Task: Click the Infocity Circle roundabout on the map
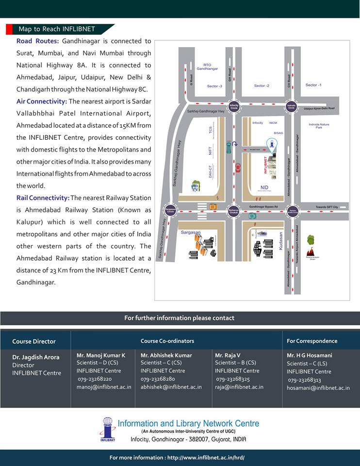click(x=234, y=106)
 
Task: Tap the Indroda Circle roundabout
click(x=291, y=106)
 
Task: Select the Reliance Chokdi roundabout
click(x=234, y=211)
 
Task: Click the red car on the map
click(x=238, y=168)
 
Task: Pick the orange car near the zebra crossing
click(x=213, y=207)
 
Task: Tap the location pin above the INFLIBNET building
click(x=272, y=143)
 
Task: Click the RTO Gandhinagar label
click(x=207, y=67)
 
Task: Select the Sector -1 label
click(x=313, y=85)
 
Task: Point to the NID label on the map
click(x=264, y=187)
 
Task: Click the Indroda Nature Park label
click(x=319, y=126)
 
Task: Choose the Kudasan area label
click(x=281, y=241)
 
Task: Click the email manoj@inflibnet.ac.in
click(x=104, y=387)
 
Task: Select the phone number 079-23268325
click(x=233, y=379)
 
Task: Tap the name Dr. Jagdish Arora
click(x=36, y=357)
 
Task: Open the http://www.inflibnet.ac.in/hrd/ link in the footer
click(x=206, y=457)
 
